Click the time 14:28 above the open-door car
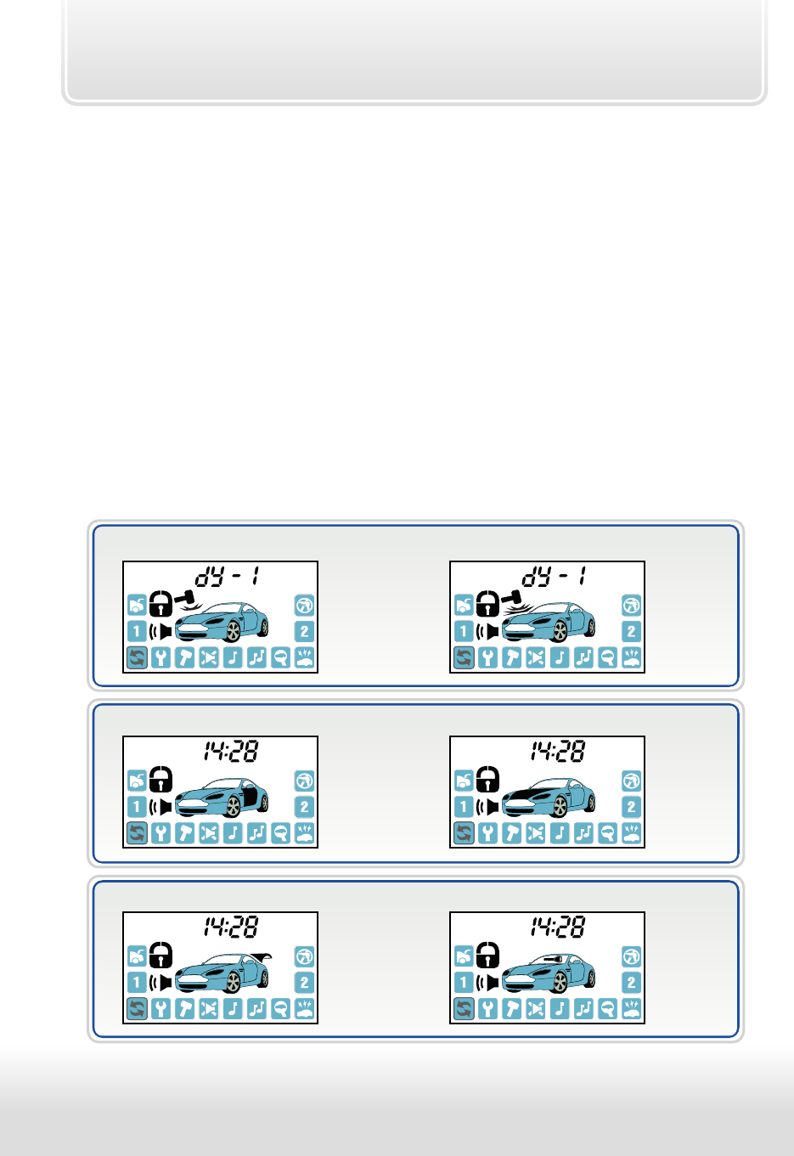(x=231, y=751)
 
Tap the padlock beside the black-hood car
(x=487, y=779)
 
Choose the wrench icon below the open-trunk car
(x=161, y=1009)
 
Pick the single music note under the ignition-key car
(x=560, y=1009)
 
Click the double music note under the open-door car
(x=257, y=833)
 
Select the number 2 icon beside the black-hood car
(x=632, y=807)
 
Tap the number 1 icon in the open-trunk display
(x=137, y=982)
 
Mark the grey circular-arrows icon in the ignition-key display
(x=464, y=1009)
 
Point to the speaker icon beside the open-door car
(x=160, y=807)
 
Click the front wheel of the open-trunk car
(x=234, y=982)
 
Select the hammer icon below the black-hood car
(x=512, y=833)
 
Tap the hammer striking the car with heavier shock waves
(x=511, y=597)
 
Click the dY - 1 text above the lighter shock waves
(x=227, y=576)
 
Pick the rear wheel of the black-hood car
(x=591, y=803)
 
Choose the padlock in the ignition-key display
(x=487, y=955)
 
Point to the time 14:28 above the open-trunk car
(x=231, y=927)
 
